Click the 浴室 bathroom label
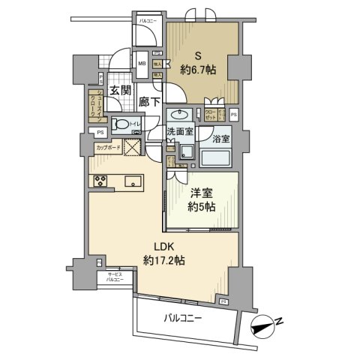pyautogui.click(x=220, y=139)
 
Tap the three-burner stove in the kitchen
pyautogui.click(x=100, y=181)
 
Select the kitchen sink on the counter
pyautogui.click(x=134, y=181)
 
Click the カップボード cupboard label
pyautogui.click(x=109, y=148)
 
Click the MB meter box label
pyautogui.click(x=141, y=64)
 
